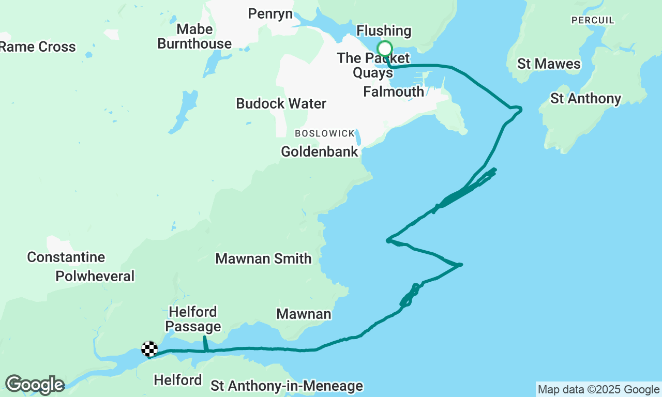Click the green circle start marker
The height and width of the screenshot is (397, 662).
click(384, 49)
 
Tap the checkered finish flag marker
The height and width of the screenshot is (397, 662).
click(149, 349)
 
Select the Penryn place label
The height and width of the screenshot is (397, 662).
click(270, 13)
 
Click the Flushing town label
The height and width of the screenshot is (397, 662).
click(384, 31)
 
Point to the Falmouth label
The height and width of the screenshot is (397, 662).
click(394, 91)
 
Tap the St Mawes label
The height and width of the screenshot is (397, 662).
click(549, 64)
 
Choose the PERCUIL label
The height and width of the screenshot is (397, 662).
click(592, 20)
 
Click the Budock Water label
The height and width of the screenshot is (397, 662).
click(281, 103)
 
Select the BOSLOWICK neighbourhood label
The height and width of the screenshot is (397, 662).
click(325, 133)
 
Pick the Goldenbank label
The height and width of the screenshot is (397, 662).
click(320, 151)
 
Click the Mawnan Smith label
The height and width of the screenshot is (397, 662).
click(263, 258)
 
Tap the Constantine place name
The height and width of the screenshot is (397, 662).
click(66, 257)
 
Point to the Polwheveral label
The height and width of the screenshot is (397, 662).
click(95, 276)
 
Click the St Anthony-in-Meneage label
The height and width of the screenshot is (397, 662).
click(287, 386)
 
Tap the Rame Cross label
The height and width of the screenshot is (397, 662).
click(38, 47)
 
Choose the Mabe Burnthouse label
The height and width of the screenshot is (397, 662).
click(194, 36)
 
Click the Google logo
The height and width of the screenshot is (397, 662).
click(35, 385)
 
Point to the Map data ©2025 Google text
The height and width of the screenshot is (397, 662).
click(598, 390)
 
